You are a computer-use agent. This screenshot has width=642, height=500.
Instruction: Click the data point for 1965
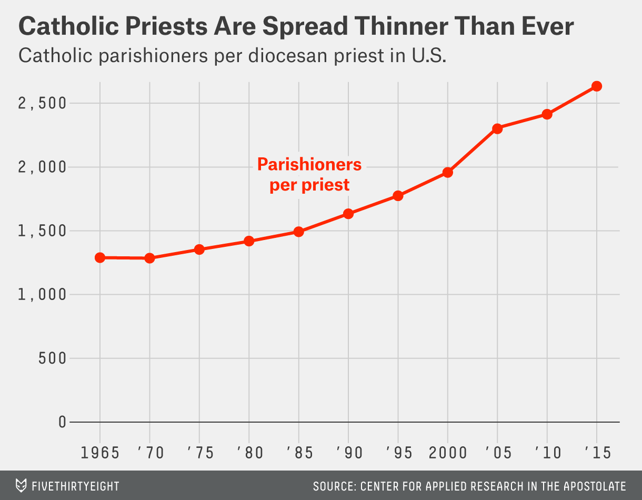[x=100, y=257]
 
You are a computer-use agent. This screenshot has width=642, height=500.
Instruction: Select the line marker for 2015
[x=597, y=86]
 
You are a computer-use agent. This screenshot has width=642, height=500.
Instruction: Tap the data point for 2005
[x=497, y=128]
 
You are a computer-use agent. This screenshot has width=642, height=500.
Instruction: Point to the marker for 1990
[x=348, y=214]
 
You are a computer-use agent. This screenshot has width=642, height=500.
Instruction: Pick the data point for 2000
[x=448, y=172]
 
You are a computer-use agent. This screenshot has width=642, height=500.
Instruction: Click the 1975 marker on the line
[x=199, y=249]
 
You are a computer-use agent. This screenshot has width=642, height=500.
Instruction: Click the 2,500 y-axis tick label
[x=43, y=103]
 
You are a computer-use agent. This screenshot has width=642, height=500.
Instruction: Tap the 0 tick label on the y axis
[x=62, y=422]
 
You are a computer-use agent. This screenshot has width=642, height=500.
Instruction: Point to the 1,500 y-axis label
[x=43, y=231]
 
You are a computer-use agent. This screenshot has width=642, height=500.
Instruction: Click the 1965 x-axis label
[x=100, y=453]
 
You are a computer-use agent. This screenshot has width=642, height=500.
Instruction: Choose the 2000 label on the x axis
[x=448, y=453]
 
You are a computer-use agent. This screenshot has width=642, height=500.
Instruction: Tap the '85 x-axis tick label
[x=298, y=453]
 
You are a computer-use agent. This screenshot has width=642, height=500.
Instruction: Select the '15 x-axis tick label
[x=597, y=453]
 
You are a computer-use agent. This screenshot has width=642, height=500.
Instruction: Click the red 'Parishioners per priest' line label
[x=309, y=175]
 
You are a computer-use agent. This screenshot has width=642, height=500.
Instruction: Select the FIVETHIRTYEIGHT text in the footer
[x=76, y=486]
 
